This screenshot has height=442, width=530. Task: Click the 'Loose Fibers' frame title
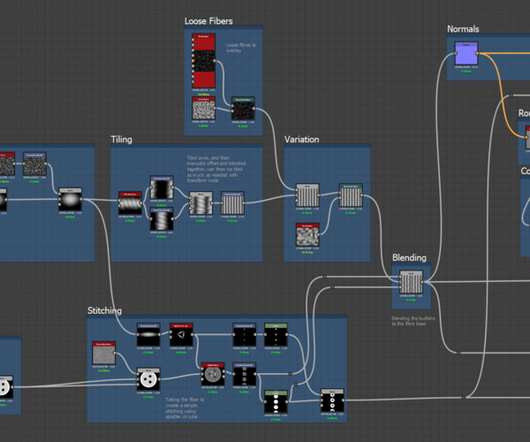(208, 20)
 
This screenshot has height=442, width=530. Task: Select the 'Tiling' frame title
(122, 140)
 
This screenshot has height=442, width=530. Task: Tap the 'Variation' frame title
(302, 140)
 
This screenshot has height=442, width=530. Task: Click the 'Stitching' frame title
(105, 310)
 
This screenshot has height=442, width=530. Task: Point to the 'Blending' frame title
(409, 258)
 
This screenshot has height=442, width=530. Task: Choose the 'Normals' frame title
(463, 29)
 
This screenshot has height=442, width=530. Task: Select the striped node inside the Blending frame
(410, 284)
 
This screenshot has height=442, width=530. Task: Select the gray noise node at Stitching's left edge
(104, 354)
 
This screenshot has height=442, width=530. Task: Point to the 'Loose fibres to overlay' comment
(238, 48)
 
